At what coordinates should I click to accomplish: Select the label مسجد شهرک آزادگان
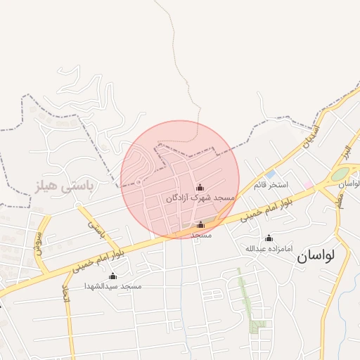[x=200, y=199]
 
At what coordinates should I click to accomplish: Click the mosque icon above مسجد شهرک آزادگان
[x=200, y=187]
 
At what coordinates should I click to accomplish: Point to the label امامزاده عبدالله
[x=268, y=249]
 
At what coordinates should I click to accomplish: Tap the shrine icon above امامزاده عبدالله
[x=268, y=238]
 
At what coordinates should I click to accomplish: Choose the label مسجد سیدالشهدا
[x=113, y=286]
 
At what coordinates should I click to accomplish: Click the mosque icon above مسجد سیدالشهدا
[x=112, y=275]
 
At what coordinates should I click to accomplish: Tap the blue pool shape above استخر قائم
[x=270, y=174]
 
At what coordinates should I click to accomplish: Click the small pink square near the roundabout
[x=308, y=184]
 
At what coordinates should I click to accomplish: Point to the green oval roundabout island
[x=341, y=174]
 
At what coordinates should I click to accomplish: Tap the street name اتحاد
[x=67, y=295]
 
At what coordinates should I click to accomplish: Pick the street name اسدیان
[x=310, y=135]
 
